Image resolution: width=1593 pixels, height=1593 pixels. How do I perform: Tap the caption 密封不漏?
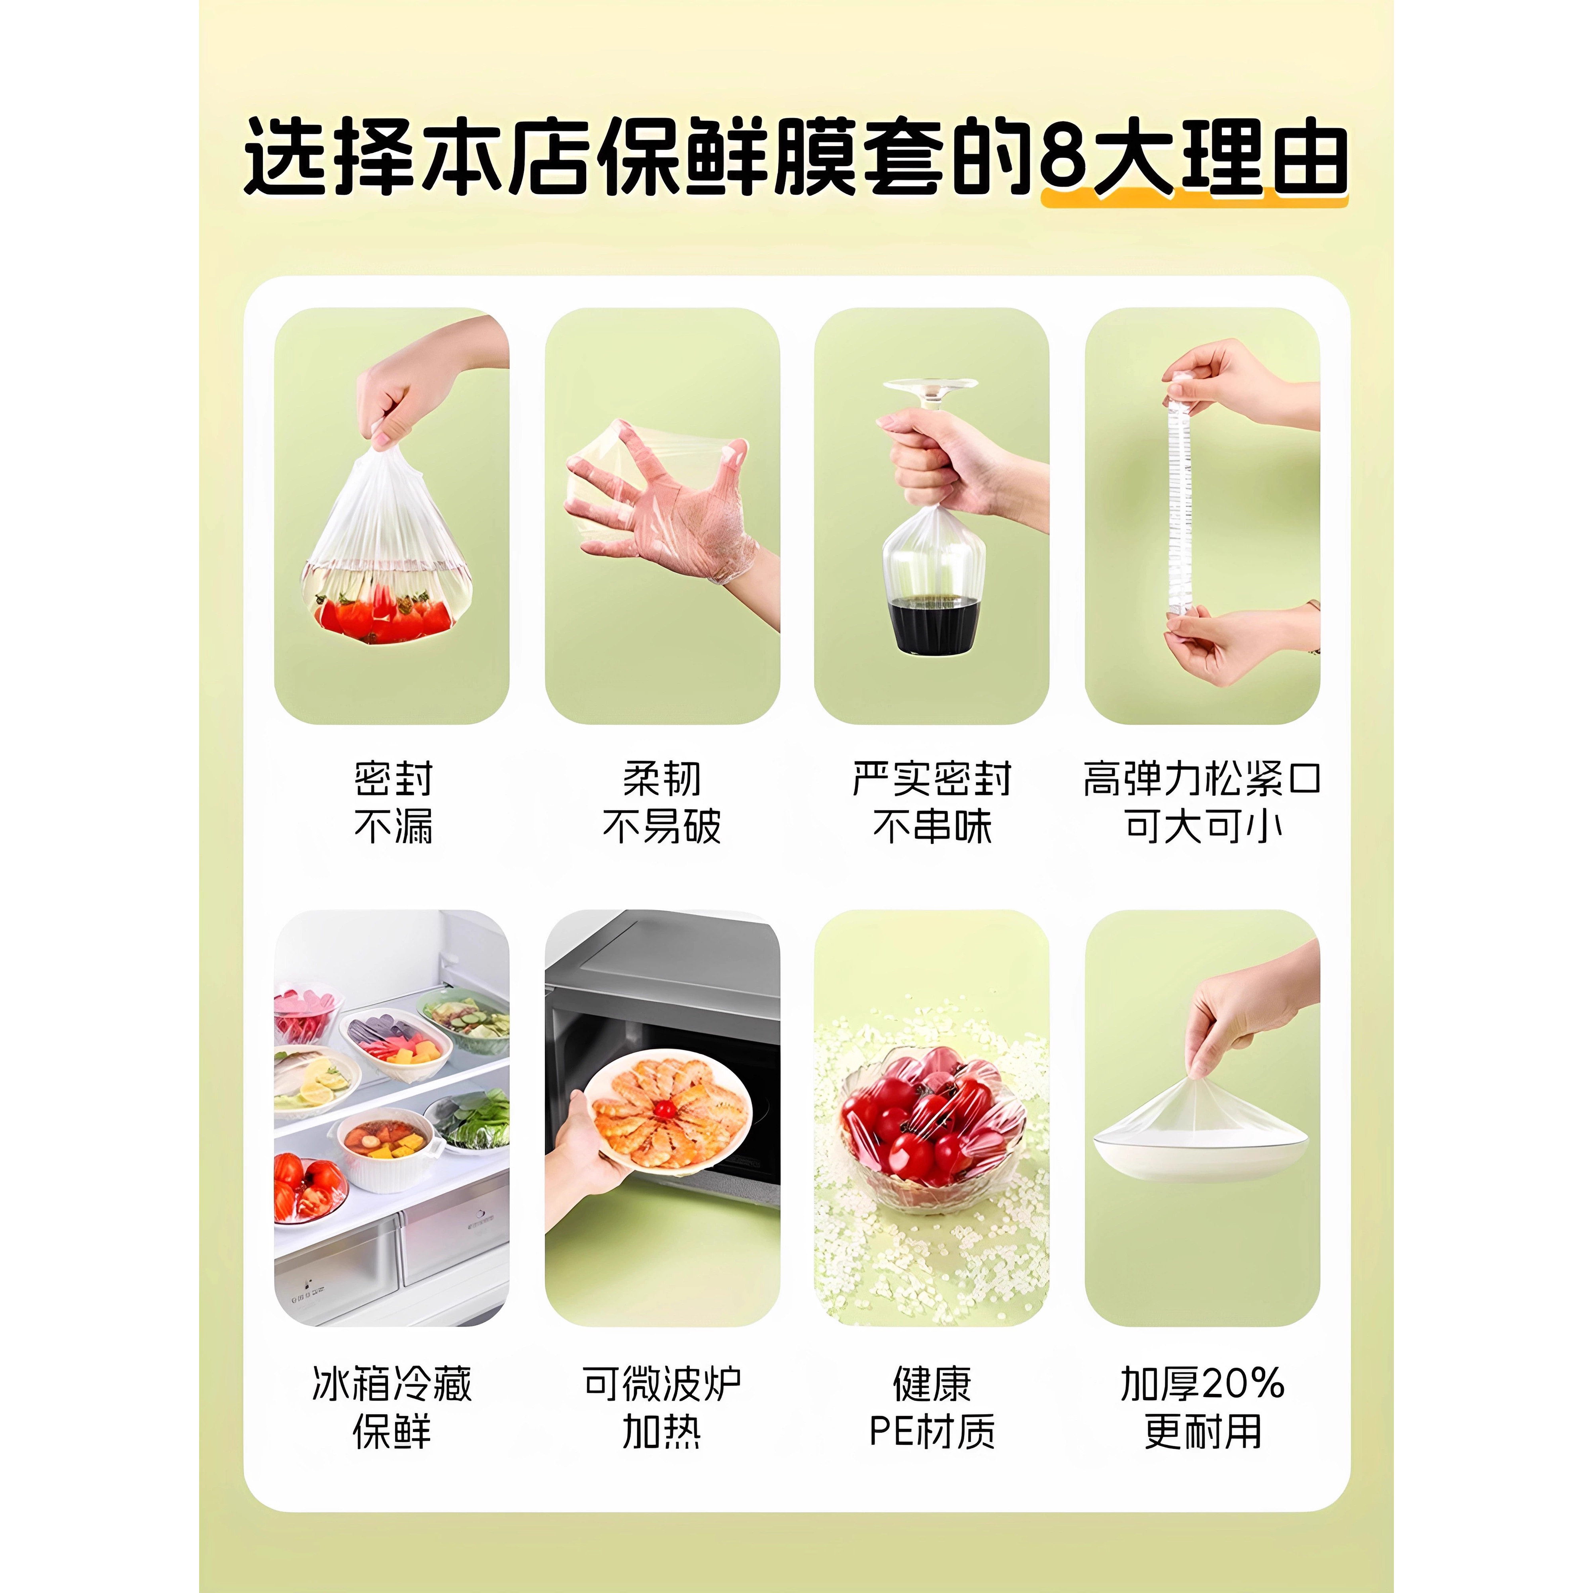coord(393,802)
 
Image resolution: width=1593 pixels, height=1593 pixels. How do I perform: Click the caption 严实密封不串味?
coord(932,802)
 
